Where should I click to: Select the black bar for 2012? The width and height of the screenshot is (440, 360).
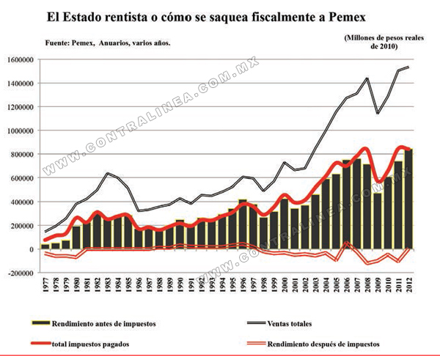(x=408, y=199)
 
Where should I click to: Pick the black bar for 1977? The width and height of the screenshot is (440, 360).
(x=45, y=246)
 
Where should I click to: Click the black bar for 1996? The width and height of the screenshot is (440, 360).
(x=243, y=224)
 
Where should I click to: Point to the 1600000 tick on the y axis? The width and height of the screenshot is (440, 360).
(x=21, y=60)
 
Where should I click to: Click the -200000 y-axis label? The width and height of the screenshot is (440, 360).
(x=21, y=273)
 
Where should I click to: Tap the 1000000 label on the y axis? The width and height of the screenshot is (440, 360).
(x=21, y=131)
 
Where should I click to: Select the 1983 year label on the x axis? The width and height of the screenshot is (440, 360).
(x=108, y=284)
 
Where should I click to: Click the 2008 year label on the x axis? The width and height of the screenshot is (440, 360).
(x=367, y=284)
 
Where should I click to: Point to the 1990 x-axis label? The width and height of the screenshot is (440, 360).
(x=180, y=284)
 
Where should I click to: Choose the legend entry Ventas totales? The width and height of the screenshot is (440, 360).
(x=280, y=323)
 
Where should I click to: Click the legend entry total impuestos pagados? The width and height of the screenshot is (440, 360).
(x=80, y=344)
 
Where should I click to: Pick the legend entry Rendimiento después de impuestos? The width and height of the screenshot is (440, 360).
(x=313, y=344)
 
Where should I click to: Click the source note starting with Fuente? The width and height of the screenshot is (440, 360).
(x=108, y=43)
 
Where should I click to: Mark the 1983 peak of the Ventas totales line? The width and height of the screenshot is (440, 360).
(x=108, y=173)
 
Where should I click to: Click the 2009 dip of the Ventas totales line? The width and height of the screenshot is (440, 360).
(x=378, y=114)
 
